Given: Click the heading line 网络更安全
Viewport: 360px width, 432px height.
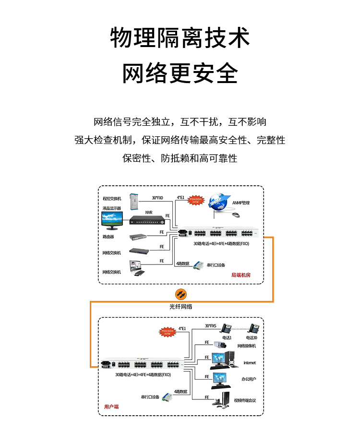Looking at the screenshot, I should click(180, 73).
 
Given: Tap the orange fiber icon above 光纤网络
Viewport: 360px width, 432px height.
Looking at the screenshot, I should click(180, 293).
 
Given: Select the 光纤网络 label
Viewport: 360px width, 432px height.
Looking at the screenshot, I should click(180, 306).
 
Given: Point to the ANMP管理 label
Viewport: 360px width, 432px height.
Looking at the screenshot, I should click(241, 203).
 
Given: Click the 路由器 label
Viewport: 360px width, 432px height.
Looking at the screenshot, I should click(108, 237).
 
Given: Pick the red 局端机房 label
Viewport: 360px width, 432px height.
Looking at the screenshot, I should click(240, 275).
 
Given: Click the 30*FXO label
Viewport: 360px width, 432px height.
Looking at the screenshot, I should click(157, 198).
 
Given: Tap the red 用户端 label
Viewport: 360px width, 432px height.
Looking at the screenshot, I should click(111, 407).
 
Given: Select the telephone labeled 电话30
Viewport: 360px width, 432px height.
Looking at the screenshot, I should click(254, 329).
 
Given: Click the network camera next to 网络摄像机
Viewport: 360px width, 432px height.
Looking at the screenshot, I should click(223, 345).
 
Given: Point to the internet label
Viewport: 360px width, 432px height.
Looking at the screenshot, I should click(250, 362).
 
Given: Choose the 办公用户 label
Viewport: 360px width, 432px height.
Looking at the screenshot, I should click(249, 379).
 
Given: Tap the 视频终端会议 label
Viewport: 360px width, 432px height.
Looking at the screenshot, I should click(245, 400).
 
